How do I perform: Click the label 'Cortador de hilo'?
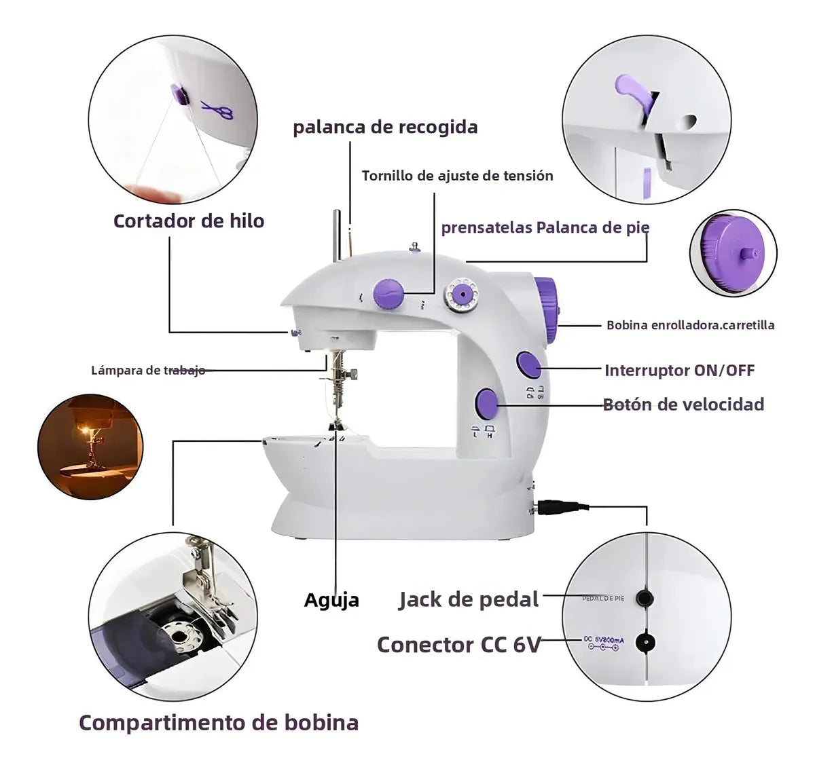click(188, 221)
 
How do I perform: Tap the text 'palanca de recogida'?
click(385, 128)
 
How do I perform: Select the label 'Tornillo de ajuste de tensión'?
click(457, 176)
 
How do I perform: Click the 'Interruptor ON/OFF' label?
click(679, 371)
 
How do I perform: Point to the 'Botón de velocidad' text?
click(683, 405)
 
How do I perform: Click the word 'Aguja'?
click(331, 600)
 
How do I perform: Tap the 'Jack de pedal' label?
click(469, 599)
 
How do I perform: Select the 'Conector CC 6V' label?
click(458, 644)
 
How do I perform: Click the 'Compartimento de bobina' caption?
click(219, 722)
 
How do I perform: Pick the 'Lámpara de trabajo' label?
click(148, 371)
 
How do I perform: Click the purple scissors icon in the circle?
click(217, 109)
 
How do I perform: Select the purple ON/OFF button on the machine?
click(528, 364)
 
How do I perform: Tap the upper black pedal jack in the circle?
click(644, 598)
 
